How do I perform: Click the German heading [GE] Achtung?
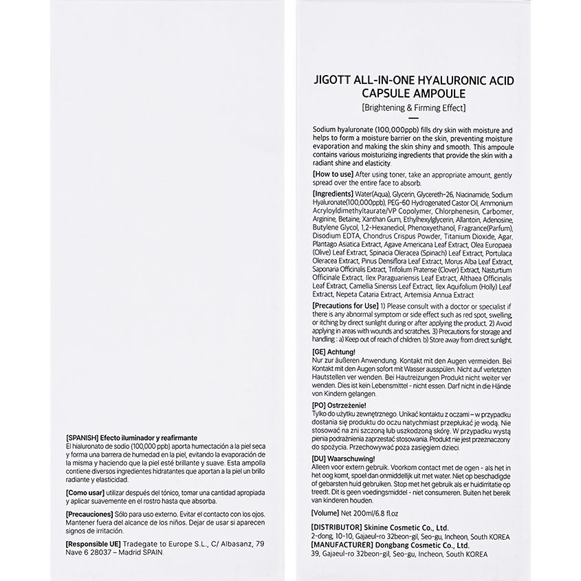(x=339, y=351)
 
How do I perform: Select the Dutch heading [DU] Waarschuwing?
(x=343, y=458)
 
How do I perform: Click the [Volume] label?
(x=330, y=512)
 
